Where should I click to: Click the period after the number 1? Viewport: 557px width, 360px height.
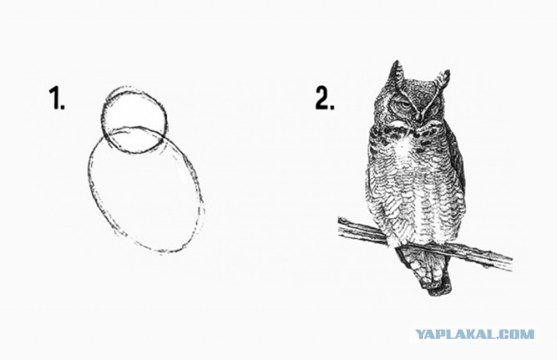click(63, 107)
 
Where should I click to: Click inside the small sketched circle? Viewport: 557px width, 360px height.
click(134, 114)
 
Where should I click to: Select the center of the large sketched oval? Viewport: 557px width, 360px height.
click(145, 190)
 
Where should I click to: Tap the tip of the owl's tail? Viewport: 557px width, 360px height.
click(440, 292)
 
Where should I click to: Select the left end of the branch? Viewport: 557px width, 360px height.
click(339, 224)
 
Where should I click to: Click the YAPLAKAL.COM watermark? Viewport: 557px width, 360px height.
click(474, 334)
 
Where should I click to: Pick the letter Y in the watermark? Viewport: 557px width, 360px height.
click(420, 334)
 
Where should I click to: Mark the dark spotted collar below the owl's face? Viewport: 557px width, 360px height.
click(408, 134)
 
